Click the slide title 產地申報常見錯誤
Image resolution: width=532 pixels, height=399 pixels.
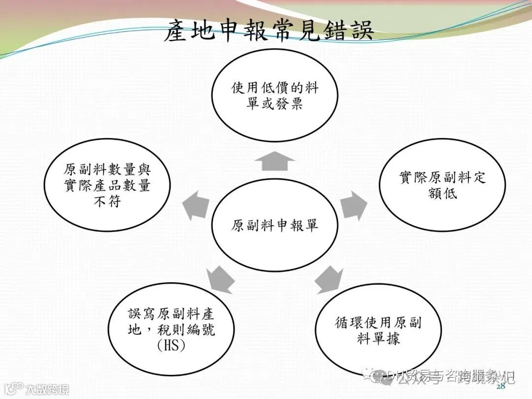tap(268, 31)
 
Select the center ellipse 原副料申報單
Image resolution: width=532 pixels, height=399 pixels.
tap(275, 226)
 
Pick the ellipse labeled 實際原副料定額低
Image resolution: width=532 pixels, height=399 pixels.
tap(442, 185)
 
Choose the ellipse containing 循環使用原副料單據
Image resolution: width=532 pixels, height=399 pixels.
tap(378, 330)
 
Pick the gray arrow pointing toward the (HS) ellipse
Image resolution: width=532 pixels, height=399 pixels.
tap(220, 279)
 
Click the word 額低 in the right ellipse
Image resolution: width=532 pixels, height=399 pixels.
tap(442, 193)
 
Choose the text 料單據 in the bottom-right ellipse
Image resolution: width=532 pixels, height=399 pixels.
tap(378, 338)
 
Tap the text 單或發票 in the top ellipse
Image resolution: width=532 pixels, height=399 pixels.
tap(275, 104)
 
